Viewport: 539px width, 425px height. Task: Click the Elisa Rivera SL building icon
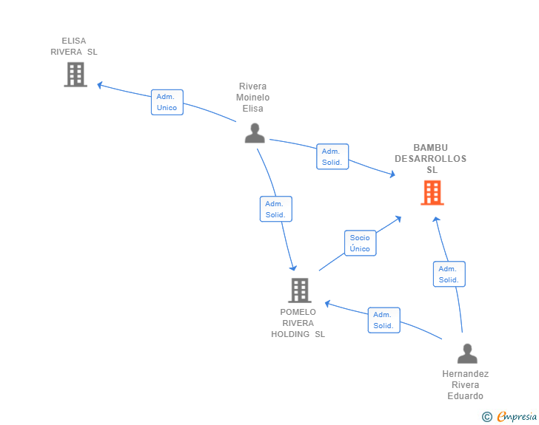[75, 75]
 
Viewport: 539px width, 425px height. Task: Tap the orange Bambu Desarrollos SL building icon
[432, 193]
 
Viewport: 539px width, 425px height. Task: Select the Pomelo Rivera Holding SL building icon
[299, 290]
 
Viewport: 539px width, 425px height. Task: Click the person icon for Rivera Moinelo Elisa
[255, 134]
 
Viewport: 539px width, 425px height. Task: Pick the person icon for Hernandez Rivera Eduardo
[467, 354]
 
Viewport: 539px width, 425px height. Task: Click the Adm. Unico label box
[167, 102]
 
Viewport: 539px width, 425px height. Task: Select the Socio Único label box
[360, 243]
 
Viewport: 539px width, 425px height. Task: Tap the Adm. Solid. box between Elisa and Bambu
[332, 157]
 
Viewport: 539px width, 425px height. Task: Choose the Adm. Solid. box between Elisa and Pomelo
[275, 209]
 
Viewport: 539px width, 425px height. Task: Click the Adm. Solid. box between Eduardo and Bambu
[449, 274]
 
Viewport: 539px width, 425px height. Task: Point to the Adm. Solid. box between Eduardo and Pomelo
[384, 320]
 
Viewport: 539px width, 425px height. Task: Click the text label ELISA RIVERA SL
[74, 47]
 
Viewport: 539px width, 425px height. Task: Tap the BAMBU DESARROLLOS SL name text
[431, 159]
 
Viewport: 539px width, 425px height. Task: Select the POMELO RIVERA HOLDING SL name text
[298, 323]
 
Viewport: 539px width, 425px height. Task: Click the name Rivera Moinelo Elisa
[253, 98]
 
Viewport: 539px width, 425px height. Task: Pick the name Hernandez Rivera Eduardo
[465, 385]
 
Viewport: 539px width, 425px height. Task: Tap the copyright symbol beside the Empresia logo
[487, 417]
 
